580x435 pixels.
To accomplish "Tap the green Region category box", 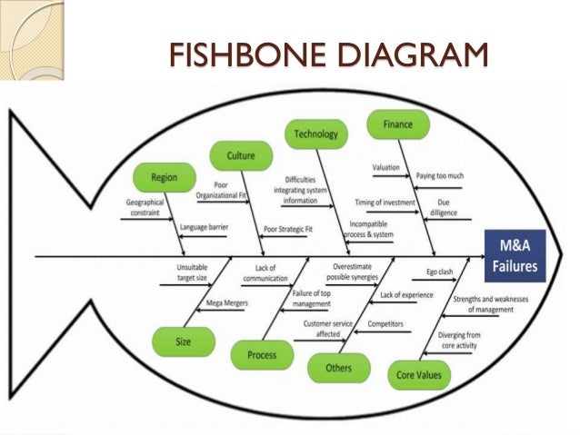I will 165,177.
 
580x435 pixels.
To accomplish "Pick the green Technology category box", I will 315,134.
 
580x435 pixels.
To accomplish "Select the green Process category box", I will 261,354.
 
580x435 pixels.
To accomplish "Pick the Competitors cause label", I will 385,322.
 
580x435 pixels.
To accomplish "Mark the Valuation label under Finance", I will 386,168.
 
